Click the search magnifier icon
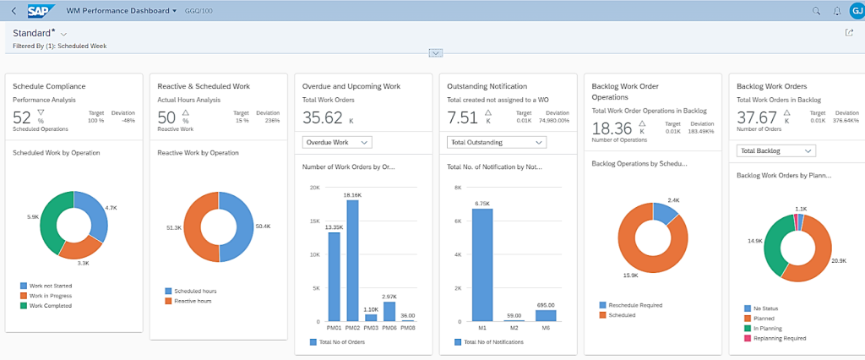coord(816,11)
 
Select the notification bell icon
coord(836,11)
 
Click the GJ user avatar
coord(855,11)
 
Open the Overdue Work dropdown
coord(336,142)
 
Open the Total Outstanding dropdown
coord(496,142)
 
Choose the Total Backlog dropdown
coord(775,150)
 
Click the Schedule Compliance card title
coord(49,85)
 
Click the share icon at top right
coord(849,33)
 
